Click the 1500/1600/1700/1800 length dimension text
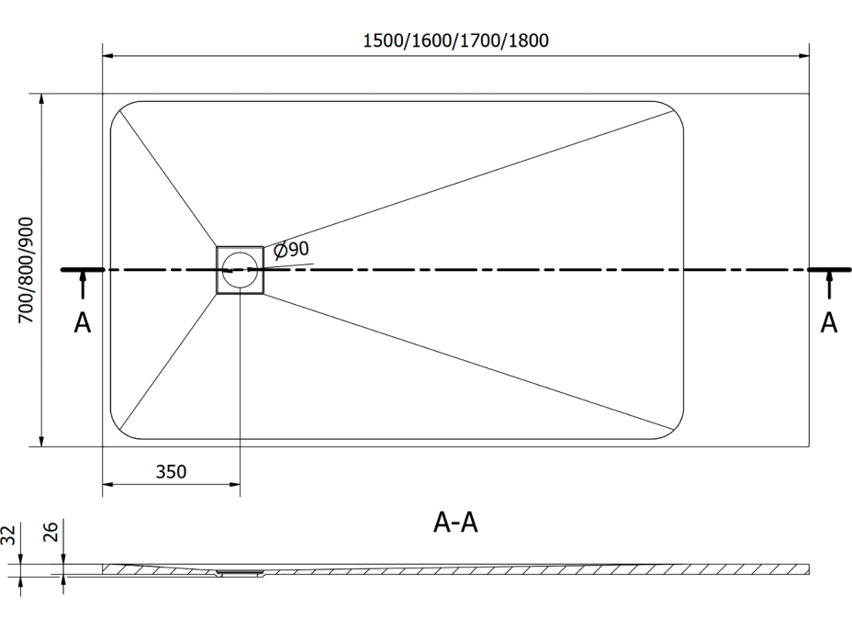pos(455,40)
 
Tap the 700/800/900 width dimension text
pos(26,270)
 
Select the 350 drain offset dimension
pos(171,471)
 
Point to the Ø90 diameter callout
pos(291,250)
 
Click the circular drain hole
pos(240,270)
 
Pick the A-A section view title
pos(455,523)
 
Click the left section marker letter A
pos(82,323)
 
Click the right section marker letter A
pos(829,323)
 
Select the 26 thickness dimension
pos(50,532)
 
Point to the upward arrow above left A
pos(83,285)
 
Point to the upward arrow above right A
pos(829,285)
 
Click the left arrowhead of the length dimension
pos(108,55)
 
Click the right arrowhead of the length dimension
pos(803,55)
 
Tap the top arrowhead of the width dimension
pos(40,99)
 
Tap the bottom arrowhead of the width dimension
pos(40,441)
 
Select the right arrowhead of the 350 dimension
pos(234,484)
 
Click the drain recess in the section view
pos(240,572)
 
